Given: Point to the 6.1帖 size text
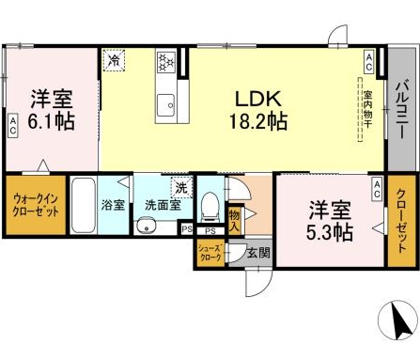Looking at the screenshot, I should click(52, 121).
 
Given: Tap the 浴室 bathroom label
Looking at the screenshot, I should click(113, 204).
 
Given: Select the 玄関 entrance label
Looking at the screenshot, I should click(259, 252).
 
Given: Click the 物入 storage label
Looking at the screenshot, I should click(235, 219).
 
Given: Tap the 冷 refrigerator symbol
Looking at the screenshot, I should click(114, 60).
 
